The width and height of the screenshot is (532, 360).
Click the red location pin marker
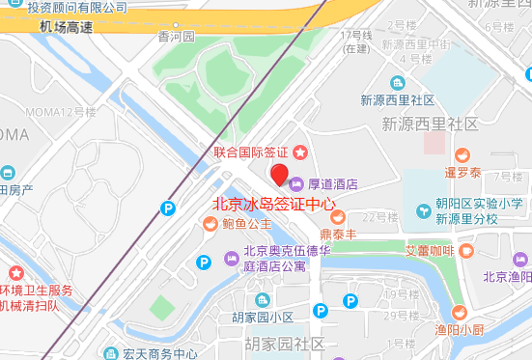(280, 175)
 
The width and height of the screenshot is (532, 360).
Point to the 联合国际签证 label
(251, 152)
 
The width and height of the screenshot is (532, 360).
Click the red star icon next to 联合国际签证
(299, 152)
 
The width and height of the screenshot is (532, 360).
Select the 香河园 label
(177, 37)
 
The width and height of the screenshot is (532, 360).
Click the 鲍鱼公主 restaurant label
(246, 225)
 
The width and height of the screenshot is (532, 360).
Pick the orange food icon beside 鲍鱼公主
(210, 225)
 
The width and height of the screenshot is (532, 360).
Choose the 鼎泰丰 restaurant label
(339, 233)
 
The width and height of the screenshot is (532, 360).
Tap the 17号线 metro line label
(356, 36)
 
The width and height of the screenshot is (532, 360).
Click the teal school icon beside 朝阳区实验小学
(423, 211)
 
